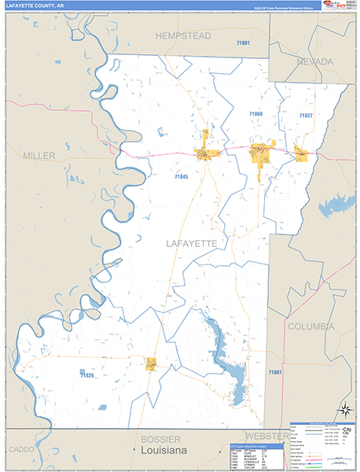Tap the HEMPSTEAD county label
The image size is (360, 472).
click(x=184, y=36)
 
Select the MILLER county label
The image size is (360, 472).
click(x=39, y=156)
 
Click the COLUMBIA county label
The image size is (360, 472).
click(x=310, y=326)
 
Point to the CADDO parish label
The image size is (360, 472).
click(x=17, y=449)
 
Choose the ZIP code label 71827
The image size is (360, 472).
click(x=306, y=116)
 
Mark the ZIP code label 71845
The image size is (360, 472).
click(x=182, y=177)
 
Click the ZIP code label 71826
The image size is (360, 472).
click(x=86, y=375)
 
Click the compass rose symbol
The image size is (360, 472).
click(x=343, y=409)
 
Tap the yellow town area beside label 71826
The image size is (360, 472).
click(x=150, y=363)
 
